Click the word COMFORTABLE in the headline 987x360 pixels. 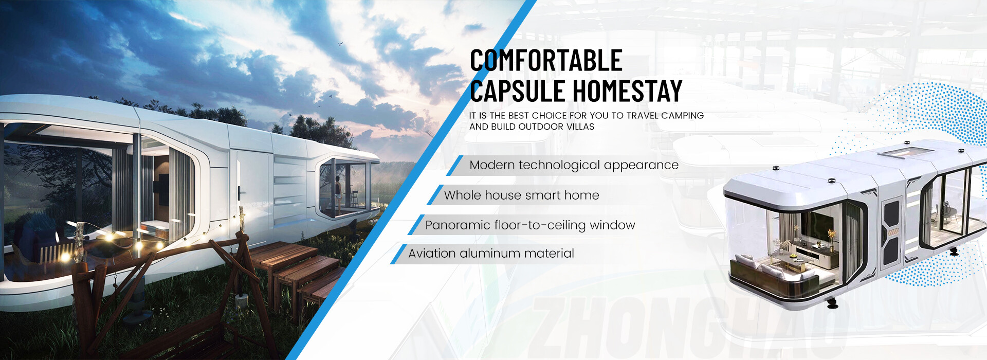tap(546, 60)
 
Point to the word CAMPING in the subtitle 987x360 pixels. tap(682, 116)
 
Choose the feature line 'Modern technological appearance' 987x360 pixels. tap(574, 165)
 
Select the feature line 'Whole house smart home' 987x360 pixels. tap(521, 195)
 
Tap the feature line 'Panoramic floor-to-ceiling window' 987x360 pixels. tap(530, 225)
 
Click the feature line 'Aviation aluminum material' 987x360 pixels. tap(491, 254)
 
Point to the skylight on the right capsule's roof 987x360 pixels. tap(906, 152)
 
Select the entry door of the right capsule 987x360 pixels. tap(891, 231)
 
